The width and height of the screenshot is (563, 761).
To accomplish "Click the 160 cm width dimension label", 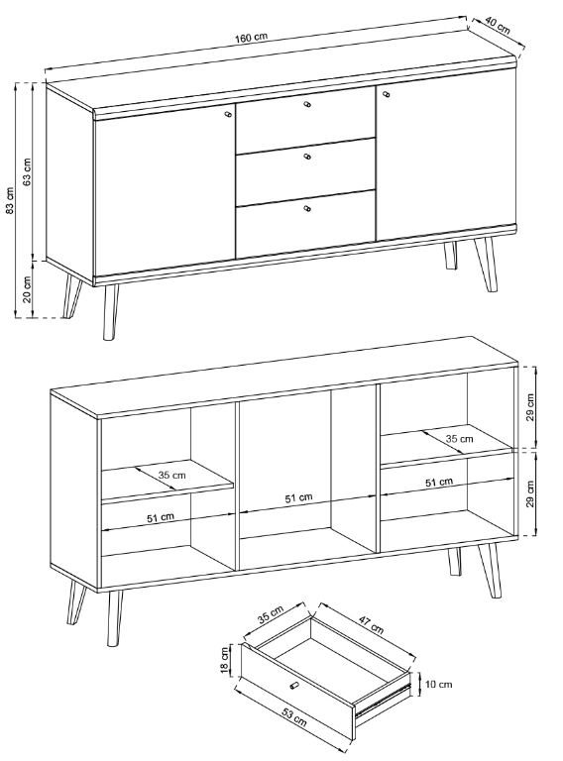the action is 252,38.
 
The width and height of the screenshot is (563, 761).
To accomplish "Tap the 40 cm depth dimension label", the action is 498,26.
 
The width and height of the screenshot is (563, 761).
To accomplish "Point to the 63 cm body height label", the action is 27,171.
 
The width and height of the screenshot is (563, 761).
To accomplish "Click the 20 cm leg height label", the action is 27,289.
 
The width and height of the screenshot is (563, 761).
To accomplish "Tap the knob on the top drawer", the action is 306,104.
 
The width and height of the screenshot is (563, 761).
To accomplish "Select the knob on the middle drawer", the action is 306,157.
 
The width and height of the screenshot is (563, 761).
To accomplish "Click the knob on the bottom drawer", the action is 306,209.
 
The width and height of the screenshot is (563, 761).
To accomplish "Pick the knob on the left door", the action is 229,114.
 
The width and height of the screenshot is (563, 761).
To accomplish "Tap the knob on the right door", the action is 387,94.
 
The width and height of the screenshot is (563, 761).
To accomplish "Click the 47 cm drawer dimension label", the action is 372,625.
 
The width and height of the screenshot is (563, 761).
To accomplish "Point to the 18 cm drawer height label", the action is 225,660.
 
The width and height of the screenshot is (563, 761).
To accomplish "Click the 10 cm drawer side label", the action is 439,684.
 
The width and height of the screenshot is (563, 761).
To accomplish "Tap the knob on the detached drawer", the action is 293,685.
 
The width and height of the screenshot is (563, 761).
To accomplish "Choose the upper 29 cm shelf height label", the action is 530,406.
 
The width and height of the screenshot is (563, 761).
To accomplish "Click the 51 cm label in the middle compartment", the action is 299,497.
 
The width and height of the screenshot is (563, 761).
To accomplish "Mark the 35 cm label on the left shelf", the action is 171,475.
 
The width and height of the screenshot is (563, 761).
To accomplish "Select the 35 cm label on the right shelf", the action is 459,439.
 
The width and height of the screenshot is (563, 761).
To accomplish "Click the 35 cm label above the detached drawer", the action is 271,614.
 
